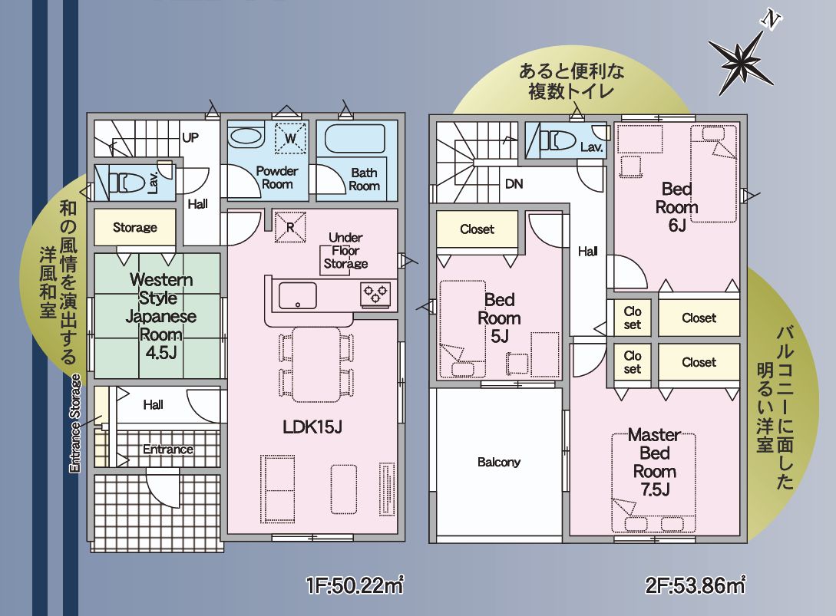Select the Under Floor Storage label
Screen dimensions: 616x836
click(345, 251)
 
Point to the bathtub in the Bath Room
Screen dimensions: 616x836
click(357, 140)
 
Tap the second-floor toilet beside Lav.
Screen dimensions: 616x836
click(553, 141)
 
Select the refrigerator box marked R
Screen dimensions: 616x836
click(290, 224)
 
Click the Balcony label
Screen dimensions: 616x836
click(498, 462)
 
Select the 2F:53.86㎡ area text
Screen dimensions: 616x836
click(696, 587)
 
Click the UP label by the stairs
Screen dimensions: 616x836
click(190, 138)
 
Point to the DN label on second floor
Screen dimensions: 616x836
click(514, 184)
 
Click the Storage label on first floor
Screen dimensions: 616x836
click(135, 227)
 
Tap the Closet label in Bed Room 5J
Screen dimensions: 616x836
click(477, 229)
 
